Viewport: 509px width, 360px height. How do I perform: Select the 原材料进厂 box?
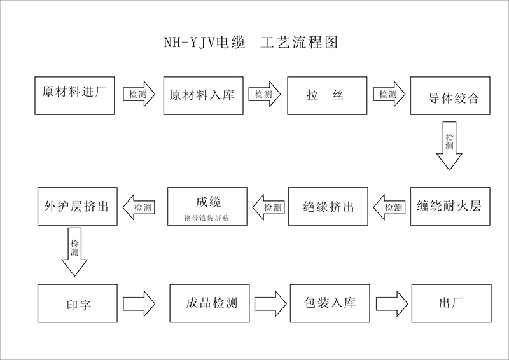(74, 95)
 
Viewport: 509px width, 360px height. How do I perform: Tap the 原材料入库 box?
(203, 95)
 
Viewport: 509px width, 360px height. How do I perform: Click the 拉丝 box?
(326, 95)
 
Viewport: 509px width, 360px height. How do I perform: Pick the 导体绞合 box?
(450, 96)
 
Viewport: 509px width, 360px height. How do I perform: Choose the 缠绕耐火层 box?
(450, 206)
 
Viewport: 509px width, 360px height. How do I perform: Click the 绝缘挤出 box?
(328, 206)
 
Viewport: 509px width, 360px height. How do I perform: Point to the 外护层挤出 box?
(76, 206)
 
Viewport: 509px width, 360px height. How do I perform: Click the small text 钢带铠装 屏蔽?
(203, 218)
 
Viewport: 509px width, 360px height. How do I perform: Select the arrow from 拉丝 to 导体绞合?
(389, 94)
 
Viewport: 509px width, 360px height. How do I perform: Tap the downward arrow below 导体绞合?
(450, 146)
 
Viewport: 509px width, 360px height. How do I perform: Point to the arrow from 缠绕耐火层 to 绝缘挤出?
(390, 207)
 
